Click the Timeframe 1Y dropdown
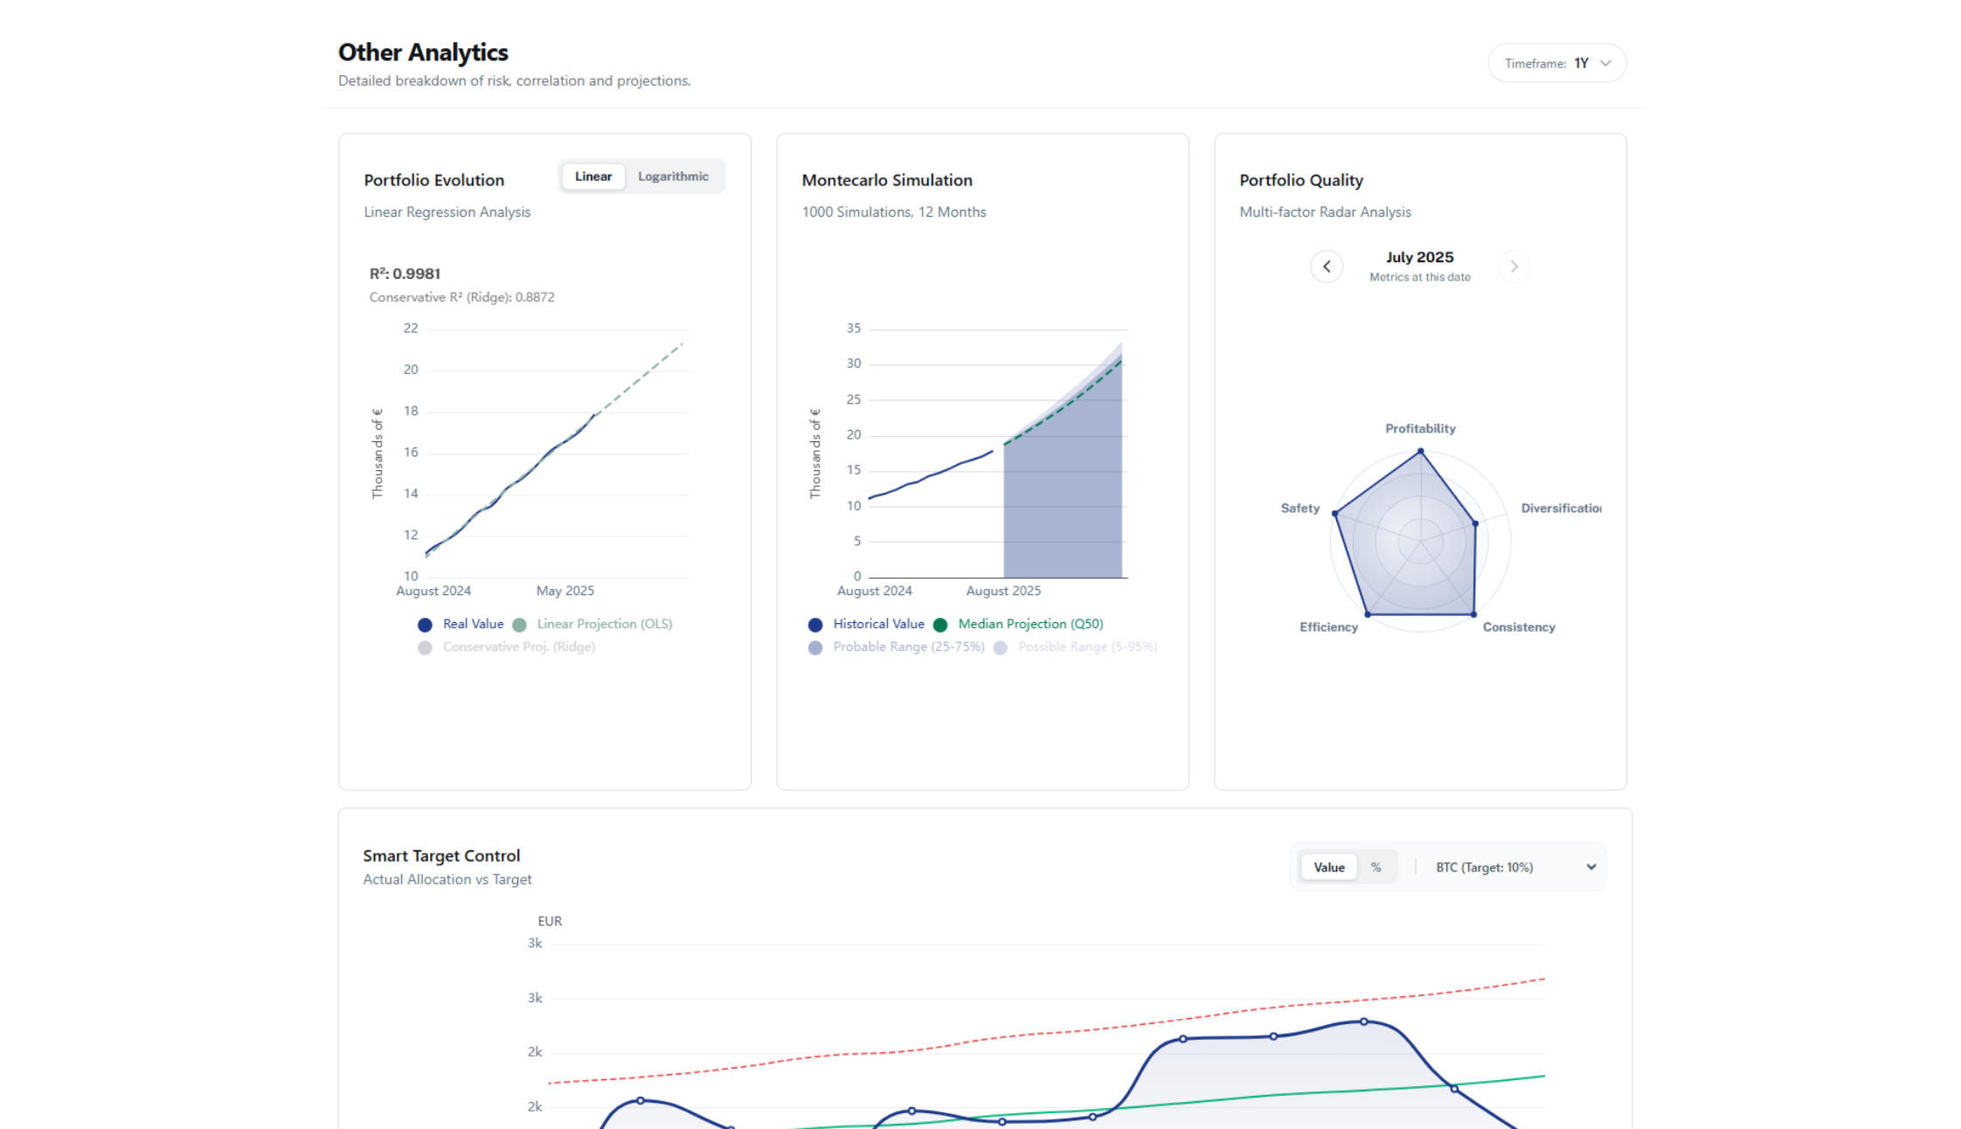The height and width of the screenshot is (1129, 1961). coord(1556,63)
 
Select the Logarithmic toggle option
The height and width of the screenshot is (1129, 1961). coord(672,177)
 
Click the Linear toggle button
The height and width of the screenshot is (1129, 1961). coord(592,177)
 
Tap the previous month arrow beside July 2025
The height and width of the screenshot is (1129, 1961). coord(1326,267)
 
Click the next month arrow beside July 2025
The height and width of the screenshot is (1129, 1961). coord(1514,267)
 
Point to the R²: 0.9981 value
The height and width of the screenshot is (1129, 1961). coord(405,274)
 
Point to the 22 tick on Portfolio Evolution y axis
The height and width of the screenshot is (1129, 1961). coord(411,329)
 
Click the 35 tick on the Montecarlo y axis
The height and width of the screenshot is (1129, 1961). coord(853,329)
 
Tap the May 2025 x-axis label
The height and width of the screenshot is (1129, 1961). coord(565,591)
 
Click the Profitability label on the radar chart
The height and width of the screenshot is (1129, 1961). coord(1419,428)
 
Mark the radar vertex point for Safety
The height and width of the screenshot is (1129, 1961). coord(1334,514)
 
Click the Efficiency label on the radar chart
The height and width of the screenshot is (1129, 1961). coord(1327,627)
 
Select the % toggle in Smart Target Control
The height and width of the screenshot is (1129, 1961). coord(1375,867)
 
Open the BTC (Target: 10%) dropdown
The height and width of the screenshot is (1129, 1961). coord(1514,867)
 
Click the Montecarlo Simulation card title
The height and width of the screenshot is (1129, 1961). coord(886,180)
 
